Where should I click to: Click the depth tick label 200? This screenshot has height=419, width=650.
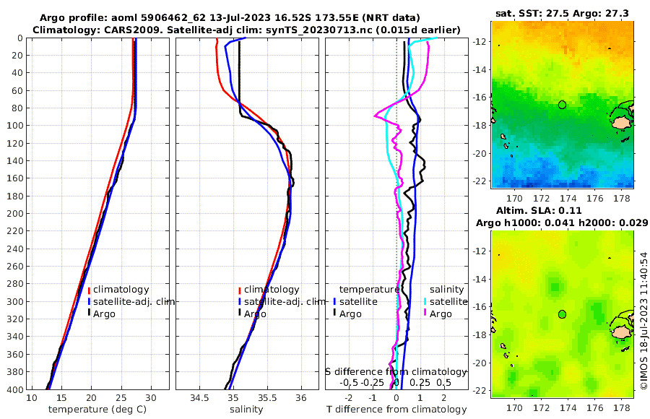pos(13,214)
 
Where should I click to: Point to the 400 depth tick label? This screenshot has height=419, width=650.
pos(13,389)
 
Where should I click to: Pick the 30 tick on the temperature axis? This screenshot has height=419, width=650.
pos(151,398)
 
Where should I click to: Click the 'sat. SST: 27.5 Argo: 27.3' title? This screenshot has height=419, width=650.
pos(563,13)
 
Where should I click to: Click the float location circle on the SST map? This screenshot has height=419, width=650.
pos(563,105)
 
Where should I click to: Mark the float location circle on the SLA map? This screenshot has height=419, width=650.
pos(563,314)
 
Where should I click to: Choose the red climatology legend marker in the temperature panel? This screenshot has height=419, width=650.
pos(89,290)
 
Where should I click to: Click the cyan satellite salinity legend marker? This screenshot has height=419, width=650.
pos(425,301)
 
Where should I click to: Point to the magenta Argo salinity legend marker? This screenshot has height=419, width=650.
pos(425,314)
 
